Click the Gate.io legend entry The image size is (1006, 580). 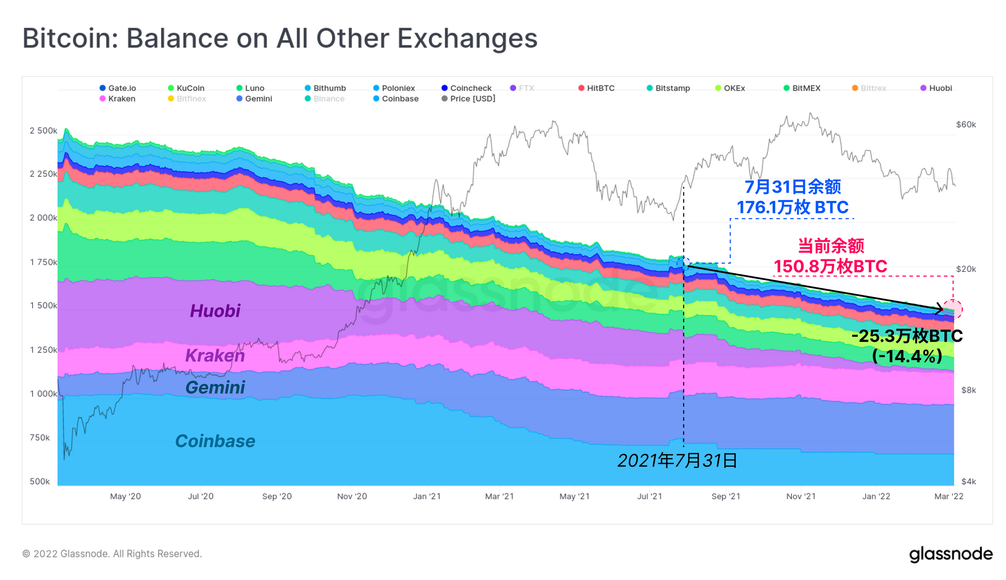(118, 88)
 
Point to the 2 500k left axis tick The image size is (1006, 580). (43, 131)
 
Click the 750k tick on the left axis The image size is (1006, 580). (40, 438)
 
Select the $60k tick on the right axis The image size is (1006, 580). (966, 125)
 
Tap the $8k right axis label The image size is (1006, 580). (968, 390)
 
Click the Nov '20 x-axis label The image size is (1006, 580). (352, 496)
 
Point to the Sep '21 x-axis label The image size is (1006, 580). (726, 496)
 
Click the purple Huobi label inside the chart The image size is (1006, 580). (215, 311)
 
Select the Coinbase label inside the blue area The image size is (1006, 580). (215, 441)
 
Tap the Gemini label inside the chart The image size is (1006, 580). (215, 388)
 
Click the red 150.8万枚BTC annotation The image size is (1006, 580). (830, 266)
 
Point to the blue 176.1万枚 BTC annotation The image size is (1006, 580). (793, 207)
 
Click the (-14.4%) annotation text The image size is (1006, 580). (907, 356)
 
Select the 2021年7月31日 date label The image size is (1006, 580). (678, 461)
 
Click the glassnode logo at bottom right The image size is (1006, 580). (951, 554)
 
